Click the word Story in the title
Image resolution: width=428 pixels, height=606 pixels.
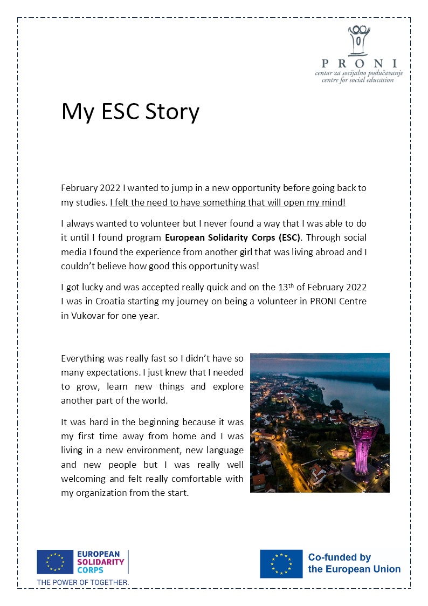172,112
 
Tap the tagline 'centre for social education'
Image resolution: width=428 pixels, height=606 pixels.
357,80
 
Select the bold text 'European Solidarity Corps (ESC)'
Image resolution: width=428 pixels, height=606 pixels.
233,237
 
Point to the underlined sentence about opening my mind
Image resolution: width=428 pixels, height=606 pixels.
227,203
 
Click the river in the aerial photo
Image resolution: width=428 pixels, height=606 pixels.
356,394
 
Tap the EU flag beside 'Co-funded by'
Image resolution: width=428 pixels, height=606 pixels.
281,564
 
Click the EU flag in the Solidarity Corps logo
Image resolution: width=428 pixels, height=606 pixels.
54,562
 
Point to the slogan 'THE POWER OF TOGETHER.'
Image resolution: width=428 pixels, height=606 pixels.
82,582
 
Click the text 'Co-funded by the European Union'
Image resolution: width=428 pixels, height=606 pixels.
354,563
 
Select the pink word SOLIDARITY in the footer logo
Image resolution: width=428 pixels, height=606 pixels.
101,562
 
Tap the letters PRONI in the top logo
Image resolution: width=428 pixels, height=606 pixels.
359,63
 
